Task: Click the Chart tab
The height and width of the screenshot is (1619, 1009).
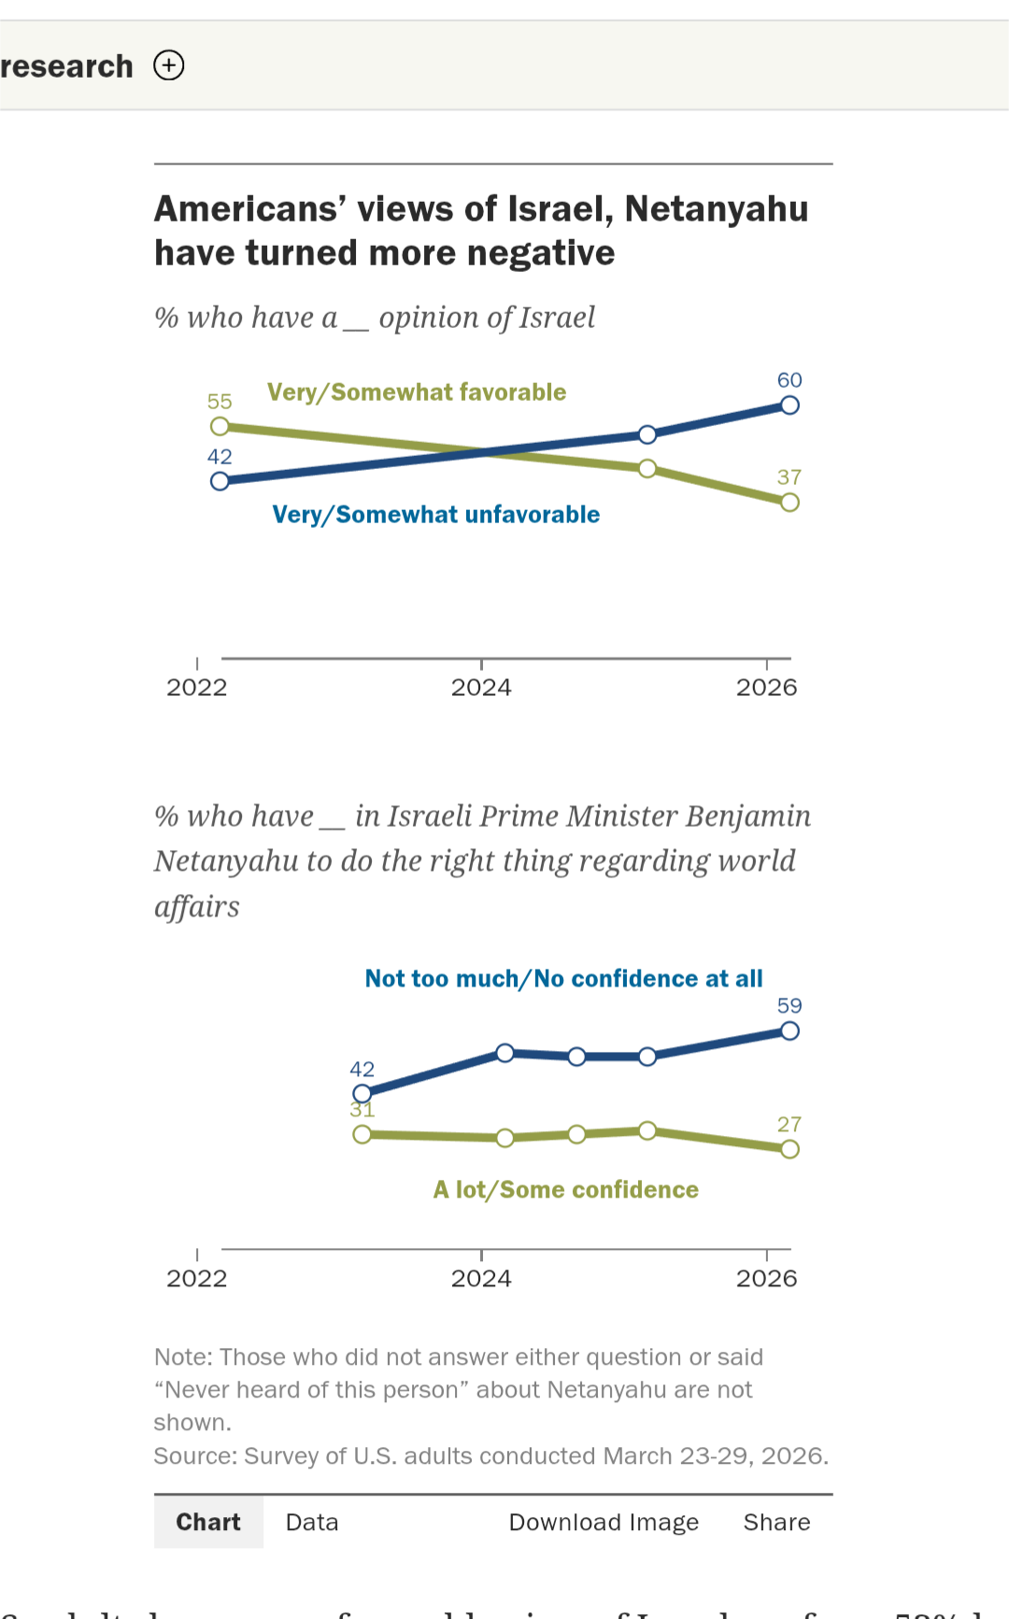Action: pos(208,1522)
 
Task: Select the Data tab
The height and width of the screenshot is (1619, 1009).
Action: pos(312,1522)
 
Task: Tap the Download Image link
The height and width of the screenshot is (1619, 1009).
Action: pos(604,1522)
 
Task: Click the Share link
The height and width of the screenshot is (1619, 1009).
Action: pos(776,1522)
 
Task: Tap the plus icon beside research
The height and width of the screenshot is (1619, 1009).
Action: pos(169,65)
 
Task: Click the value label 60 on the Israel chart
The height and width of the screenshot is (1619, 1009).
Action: pos(789,380)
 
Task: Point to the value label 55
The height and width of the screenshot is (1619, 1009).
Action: pos(220,402)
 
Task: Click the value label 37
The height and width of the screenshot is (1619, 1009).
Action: pos(789,477)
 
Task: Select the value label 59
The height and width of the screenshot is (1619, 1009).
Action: pos(789,1006)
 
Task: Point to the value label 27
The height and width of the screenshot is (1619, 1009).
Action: pos(789,1125)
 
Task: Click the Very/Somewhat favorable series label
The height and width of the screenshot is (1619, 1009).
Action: pos(417,392)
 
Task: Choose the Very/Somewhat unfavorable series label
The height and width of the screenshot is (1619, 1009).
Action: pos(436,515)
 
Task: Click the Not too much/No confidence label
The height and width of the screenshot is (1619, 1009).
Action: pos(563,979)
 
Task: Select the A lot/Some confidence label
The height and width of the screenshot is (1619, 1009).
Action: pos(566,1190)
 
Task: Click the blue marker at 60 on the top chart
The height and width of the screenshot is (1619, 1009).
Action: pos(789,405)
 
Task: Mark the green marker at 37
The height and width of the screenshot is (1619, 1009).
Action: pos(789,503)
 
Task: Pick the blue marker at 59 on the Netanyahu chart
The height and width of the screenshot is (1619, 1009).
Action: pos(789,1031)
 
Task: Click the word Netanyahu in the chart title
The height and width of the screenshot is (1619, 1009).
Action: pos(717,209)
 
